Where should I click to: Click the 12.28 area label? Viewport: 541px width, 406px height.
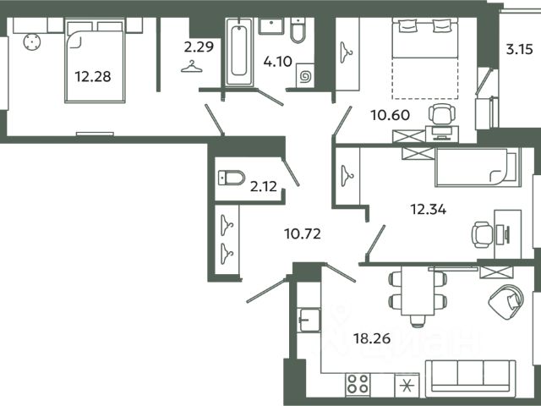[x=93, y=76]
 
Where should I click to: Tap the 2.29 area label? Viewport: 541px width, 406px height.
[x=199, y=47]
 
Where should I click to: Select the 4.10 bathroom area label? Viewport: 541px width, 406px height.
[x=278, y=62]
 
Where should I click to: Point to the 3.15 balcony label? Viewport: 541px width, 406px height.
[x=520, y=49]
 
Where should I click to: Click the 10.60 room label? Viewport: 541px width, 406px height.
[x=391, y=115]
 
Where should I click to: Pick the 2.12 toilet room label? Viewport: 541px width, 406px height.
[x=263, y=186]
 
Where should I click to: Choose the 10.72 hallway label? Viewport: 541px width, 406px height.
[x=303, y=233]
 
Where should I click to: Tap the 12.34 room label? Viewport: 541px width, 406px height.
[x=428, y=209]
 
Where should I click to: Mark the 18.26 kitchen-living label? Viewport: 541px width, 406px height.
[x=372, y=338]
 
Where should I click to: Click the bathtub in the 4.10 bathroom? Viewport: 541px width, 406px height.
[x=239, y=52]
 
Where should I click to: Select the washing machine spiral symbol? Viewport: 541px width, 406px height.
[x=305, y=77]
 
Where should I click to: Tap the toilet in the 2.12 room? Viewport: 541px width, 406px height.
[x=232, y=178]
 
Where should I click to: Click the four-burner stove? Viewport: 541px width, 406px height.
[x=358, y=384]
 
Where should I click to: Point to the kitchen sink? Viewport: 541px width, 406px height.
[x=309, y=320]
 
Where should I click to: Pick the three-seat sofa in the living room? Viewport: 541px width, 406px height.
[x=471, y=379]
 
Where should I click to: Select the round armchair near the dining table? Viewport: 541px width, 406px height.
[x=506, y=301]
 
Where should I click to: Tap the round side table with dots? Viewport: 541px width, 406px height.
[x=32, y=42]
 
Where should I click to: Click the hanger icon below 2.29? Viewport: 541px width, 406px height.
[x=192, y=66]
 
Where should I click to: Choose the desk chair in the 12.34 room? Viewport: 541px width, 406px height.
[x=483, y=235]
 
